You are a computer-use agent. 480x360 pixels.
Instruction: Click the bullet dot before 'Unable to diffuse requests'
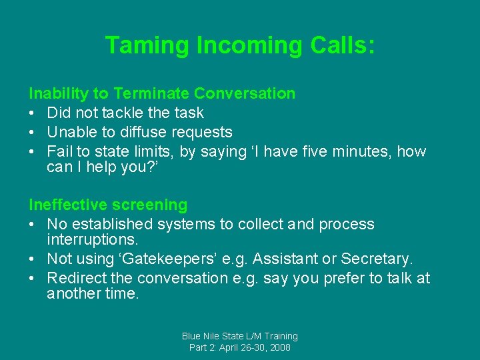[33, 132]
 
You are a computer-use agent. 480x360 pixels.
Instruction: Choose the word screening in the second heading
[155, 205]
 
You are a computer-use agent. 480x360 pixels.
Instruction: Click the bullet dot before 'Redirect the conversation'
[33, 278]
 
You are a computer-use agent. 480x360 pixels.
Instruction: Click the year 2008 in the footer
[279, 347]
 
